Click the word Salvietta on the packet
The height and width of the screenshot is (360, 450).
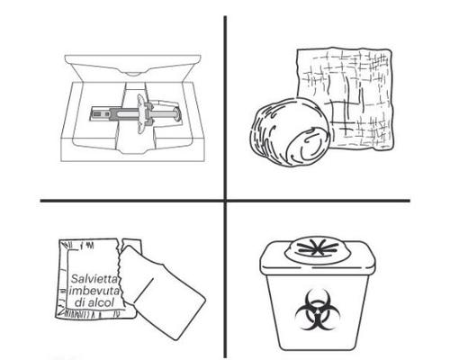(x=94, y=279)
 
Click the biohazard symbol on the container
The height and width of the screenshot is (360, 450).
(x=318, y=310)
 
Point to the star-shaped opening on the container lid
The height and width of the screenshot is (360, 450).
(x=318, y=248)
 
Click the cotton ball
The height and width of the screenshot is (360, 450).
(x=290, y=132)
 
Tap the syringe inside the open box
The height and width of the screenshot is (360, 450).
(x=136, y=114)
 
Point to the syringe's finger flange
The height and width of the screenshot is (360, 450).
(x=141, y=114)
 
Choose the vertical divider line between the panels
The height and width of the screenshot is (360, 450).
(x=225, y=186)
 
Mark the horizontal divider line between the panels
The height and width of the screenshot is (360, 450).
(x=225, y=201)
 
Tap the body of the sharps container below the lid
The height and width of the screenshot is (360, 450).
(x=318, y=312)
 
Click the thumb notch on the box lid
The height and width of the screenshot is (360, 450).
(x=133, y=73)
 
